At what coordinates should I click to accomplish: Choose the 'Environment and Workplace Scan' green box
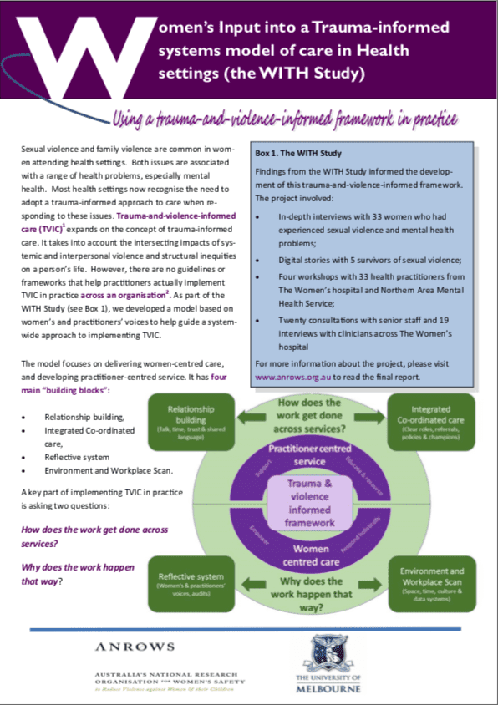[432, 583]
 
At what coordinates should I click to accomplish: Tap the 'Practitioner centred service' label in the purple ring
[307, 455]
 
